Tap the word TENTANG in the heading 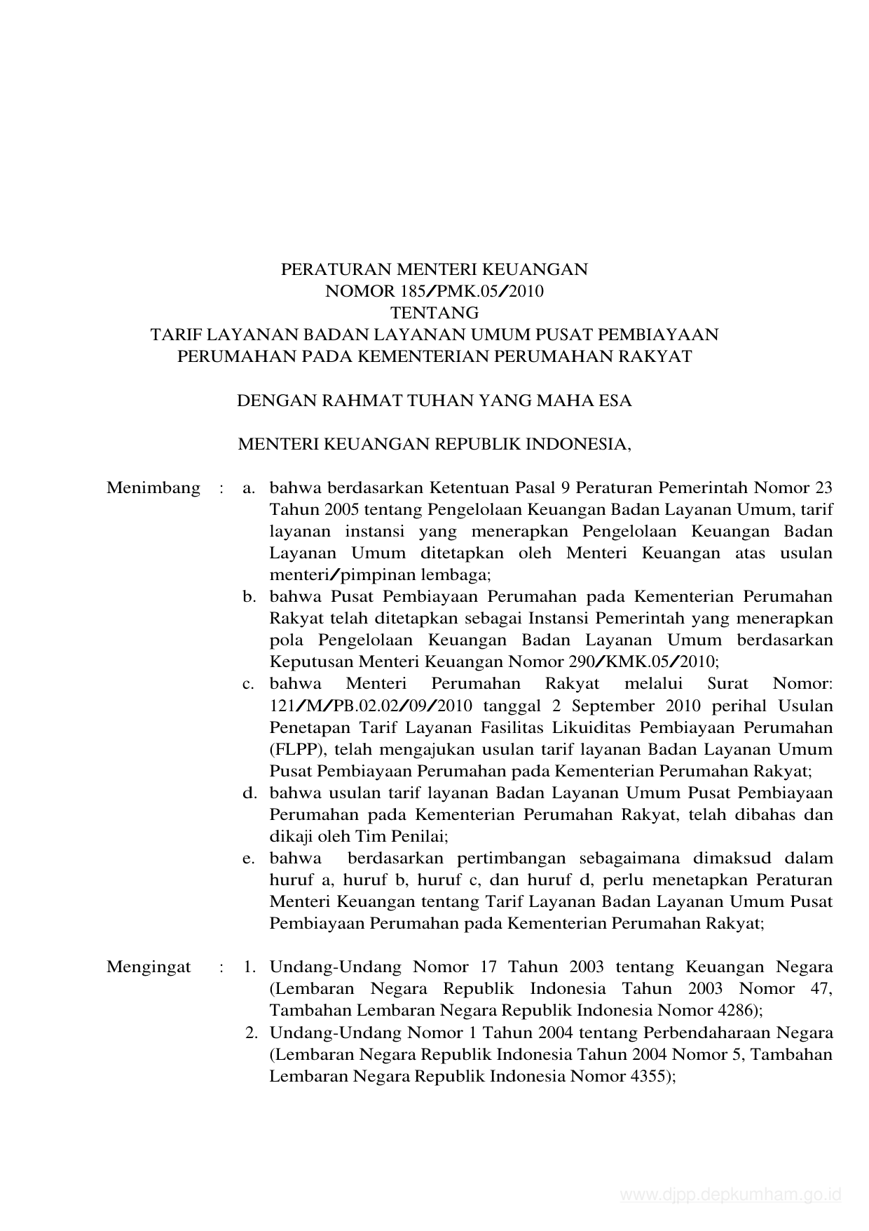[434, 313]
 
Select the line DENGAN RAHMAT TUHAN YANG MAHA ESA [434, 401]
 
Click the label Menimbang [153, 487]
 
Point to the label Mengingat [149, 967]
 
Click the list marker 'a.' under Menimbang [249, 488]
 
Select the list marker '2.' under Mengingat [250, 1032]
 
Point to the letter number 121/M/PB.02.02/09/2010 [371, 706]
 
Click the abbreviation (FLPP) [297, 749]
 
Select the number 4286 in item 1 [732, 1011]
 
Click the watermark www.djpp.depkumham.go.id [730, 1195]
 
